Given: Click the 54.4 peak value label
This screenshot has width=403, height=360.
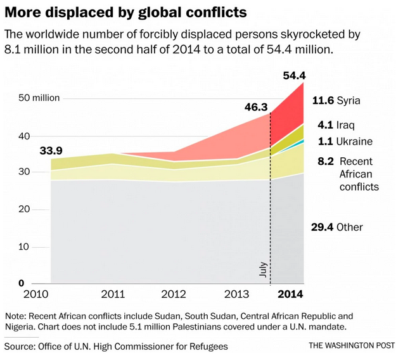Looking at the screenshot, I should pyautogui.click(x=294, y=77).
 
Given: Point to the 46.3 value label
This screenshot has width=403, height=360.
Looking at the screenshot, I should pyautogui.click(x=257, y=107).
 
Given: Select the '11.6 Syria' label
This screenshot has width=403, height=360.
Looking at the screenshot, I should pyautogui.click(x=336, y=101).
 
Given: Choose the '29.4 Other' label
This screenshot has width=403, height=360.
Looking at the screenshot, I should pyautogui.click(x=337, y=227).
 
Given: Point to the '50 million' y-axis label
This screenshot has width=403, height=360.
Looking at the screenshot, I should pyautogui.click(x=39, y=98).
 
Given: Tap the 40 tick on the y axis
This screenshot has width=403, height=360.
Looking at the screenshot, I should pyautogui.click(x=23, y=136).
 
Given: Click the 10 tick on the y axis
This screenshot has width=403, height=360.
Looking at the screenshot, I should pyautogui.click(x=23, y=246).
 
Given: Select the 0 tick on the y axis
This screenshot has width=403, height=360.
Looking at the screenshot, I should pyautogui.click(x=21, y=283).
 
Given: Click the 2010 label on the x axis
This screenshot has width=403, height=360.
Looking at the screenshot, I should pyautogui.click(x=36, y=295).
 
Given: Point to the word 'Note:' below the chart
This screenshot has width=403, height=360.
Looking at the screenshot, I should pyautogui.click(x=18, y=316).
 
